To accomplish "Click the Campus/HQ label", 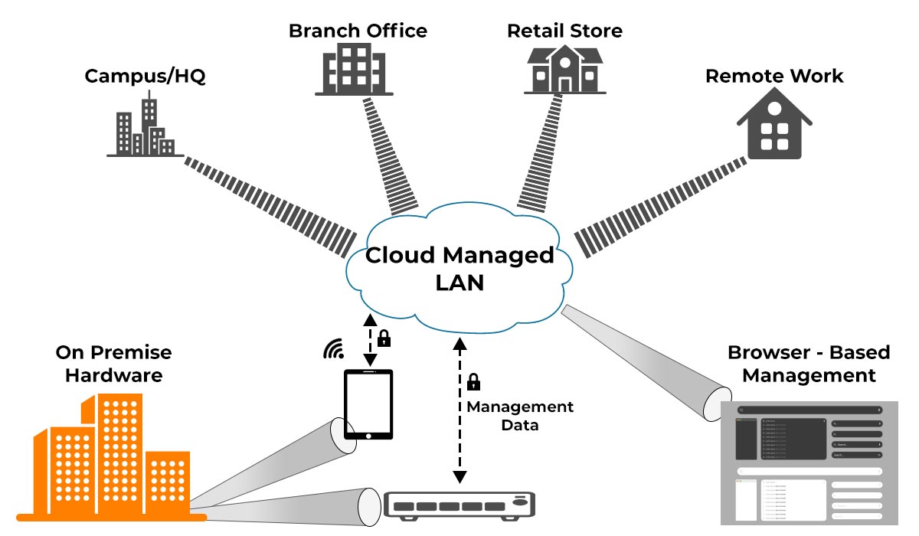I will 145,77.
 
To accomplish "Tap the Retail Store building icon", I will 564,70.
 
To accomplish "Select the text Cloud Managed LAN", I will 459,268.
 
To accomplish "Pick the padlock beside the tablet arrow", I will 384,338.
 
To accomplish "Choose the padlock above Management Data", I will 474,381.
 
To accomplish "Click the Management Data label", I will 520,415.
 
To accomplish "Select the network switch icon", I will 459,505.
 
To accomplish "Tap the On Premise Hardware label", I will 113,364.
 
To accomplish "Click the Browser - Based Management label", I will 809,364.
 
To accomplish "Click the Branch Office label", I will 358,31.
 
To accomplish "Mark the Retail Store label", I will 564,31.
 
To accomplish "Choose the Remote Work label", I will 773,77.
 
